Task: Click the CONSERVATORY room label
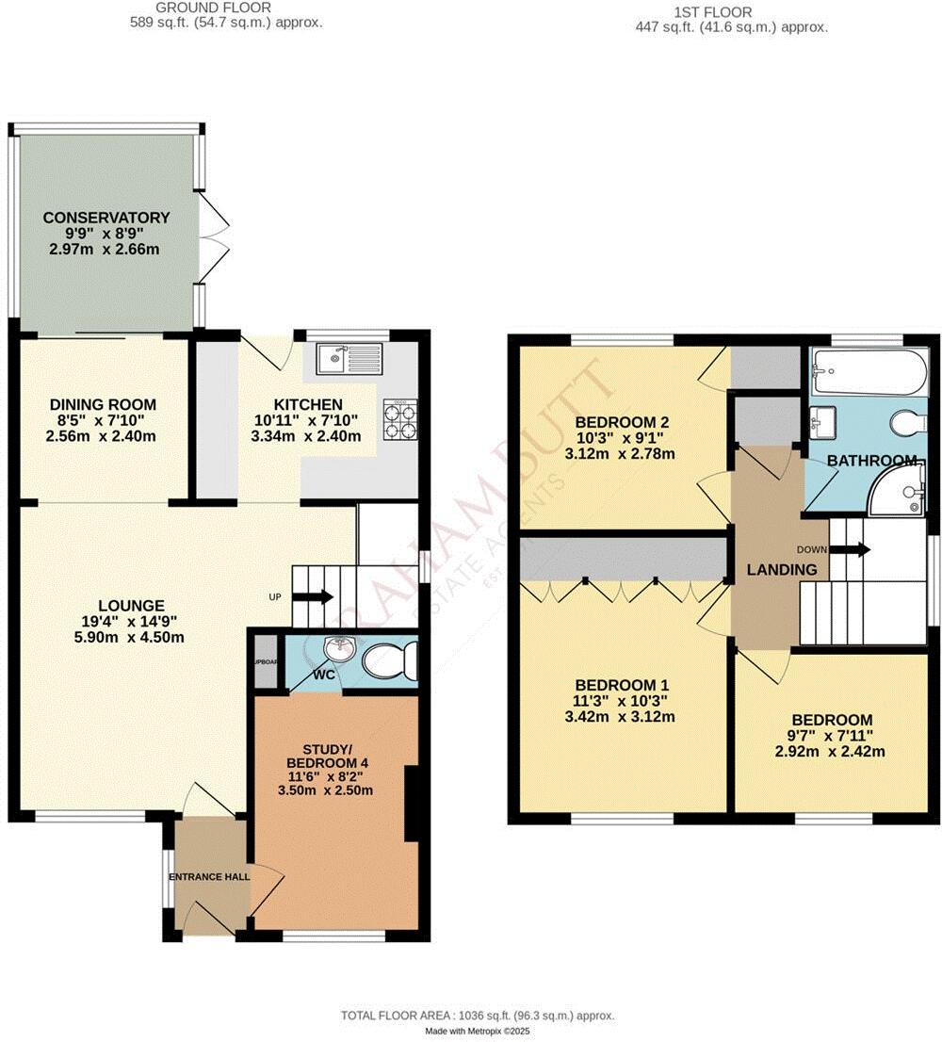coord(106,218)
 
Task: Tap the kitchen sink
coord(349,359)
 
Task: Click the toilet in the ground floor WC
coord(389,660)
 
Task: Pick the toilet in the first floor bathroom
coord(908,422)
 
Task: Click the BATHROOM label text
coord(872,460)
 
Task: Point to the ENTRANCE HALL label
coord(209,877)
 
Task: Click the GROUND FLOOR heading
coord(225,8)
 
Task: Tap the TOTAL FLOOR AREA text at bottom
coord(477,1016)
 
